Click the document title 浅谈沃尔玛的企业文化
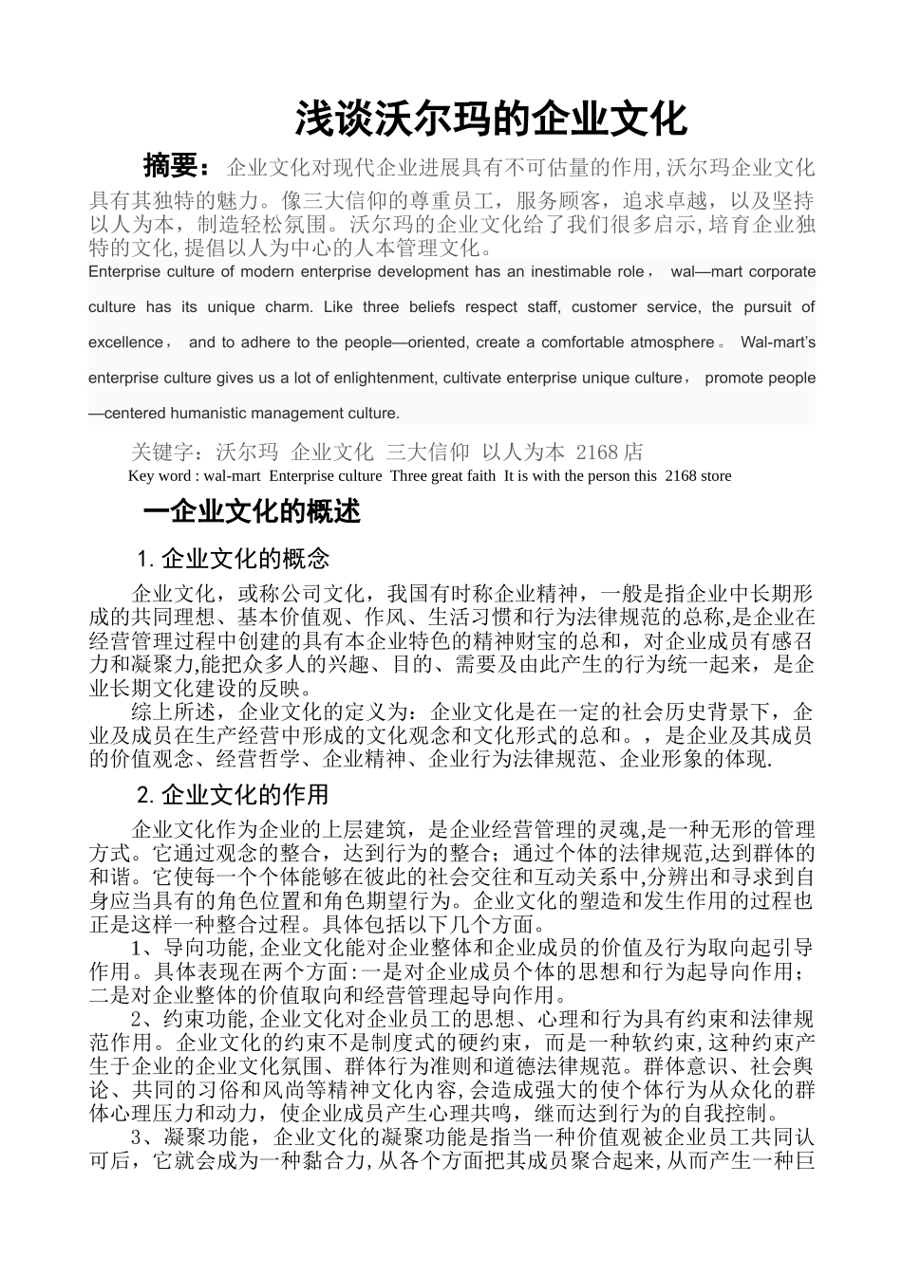click(490, 120)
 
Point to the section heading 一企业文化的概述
click(252, 512)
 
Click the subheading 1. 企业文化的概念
click(234, 557)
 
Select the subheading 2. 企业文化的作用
click(234, 793)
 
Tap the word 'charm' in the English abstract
click(290, 307)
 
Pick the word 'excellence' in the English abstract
click(125, 342)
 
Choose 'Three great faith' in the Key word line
click(442, 476)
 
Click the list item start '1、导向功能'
click(189, 948)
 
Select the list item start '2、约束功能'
click(189, 1020)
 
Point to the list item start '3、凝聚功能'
click(189, 1137)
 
